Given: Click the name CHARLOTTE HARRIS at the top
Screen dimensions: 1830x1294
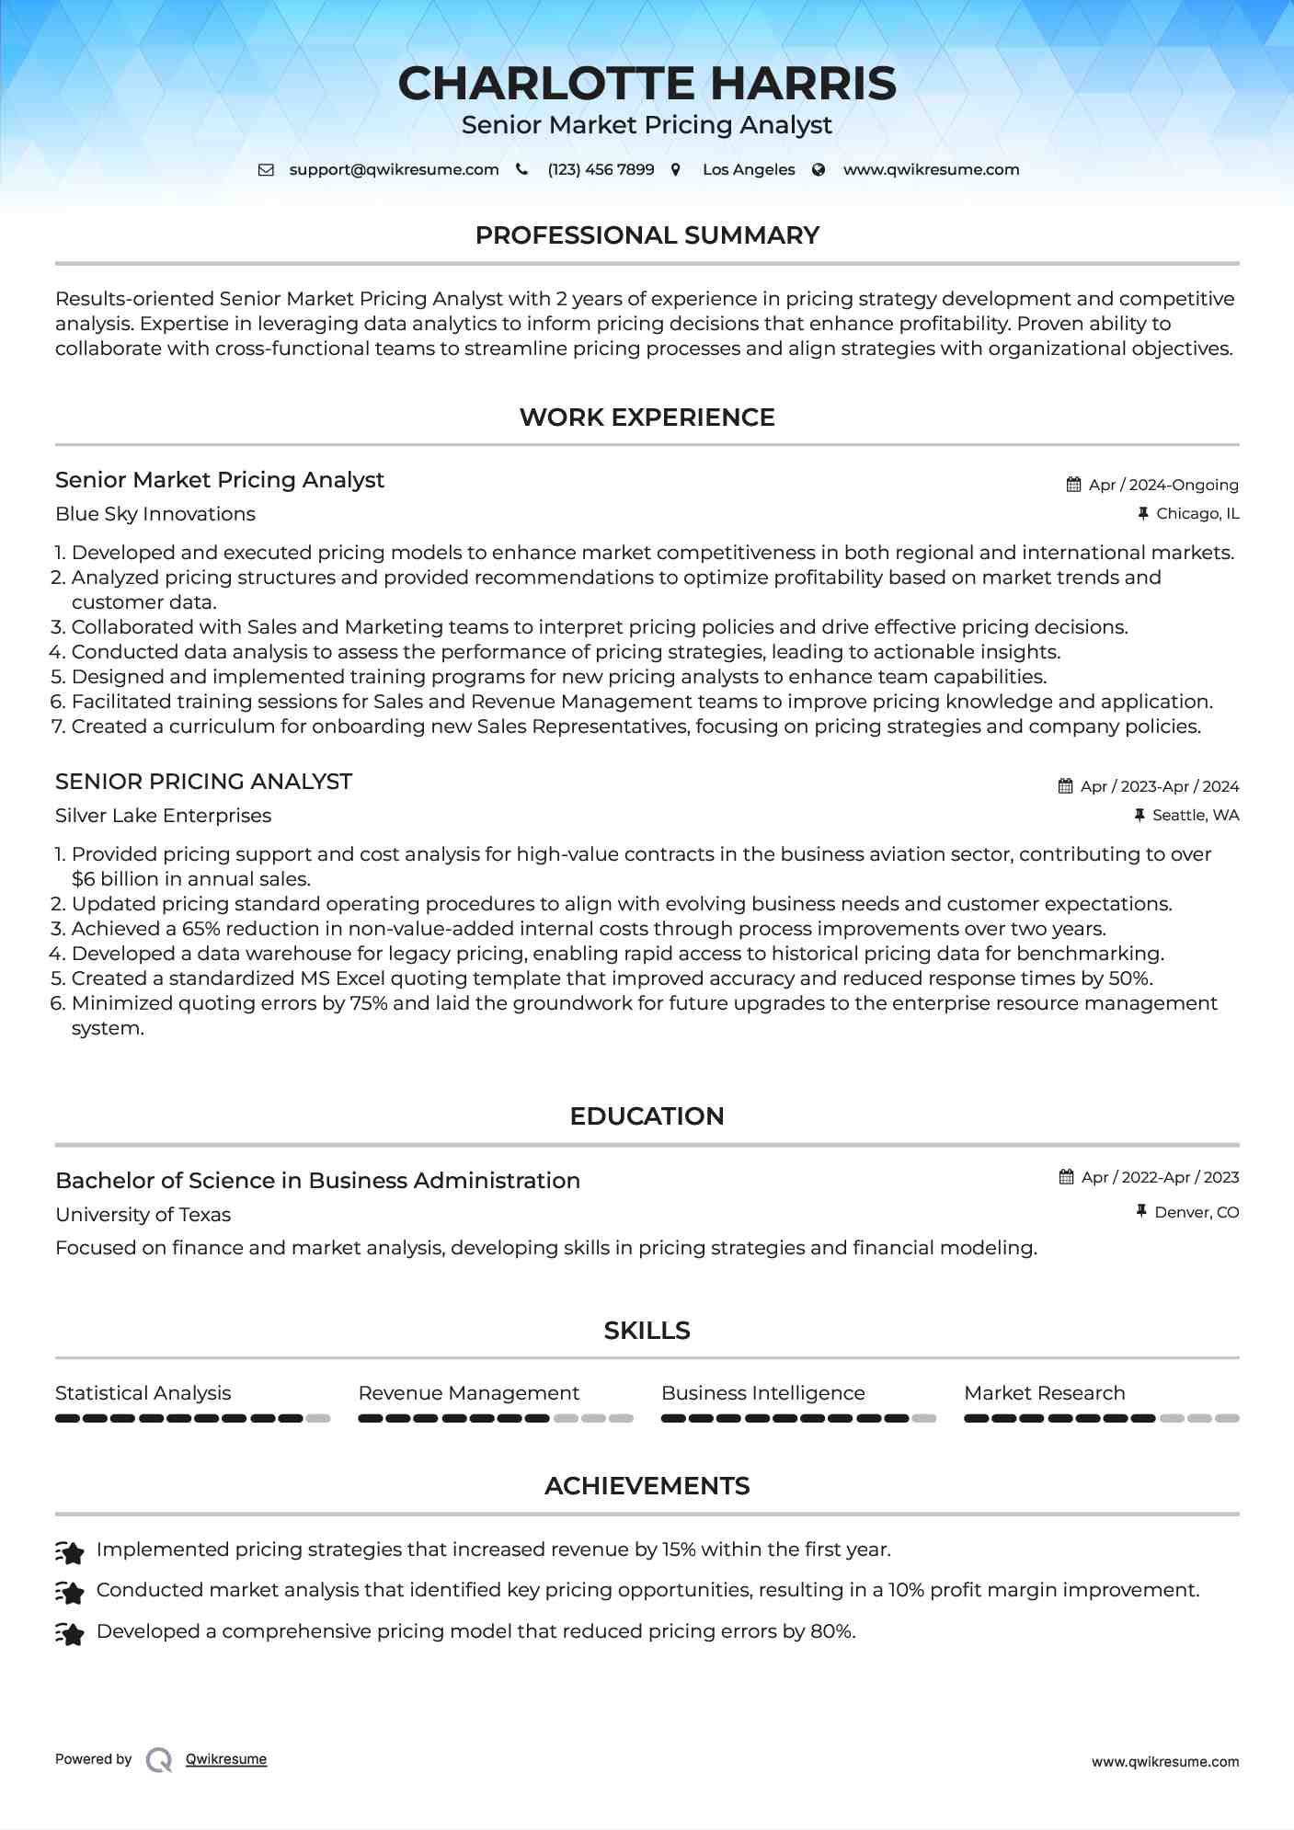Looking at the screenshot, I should [647, 84].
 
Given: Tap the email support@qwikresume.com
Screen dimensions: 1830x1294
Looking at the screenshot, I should [394, 170].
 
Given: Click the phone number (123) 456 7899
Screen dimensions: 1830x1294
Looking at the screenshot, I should [601, 170].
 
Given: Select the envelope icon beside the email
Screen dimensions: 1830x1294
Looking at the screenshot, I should [266, 170].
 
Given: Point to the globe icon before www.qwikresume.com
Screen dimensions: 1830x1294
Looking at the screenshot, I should [819, 170].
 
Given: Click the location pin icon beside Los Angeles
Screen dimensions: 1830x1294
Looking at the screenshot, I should [676, 170].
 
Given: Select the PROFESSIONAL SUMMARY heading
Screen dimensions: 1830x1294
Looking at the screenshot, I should [647, 235].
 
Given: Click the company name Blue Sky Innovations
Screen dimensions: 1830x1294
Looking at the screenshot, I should [155, 514].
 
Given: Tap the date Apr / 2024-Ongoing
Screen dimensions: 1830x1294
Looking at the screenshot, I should [1162, 485].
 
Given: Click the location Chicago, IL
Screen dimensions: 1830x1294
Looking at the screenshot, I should [1197, 514].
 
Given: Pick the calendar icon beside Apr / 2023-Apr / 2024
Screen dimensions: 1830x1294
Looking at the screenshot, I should [1065, 786].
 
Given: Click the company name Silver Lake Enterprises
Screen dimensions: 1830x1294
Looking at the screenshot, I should [163, 816].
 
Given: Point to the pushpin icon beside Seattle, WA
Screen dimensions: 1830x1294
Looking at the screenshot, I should [1139, 816].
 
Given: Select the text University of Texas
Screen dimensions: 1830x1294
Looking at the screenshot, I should [143, 1215].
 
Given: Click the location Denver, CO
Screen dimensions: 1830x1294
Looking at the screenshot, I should [1196, 1213].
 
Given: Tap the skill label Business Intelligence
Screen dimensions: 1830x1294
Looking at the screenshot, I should [762, 1393].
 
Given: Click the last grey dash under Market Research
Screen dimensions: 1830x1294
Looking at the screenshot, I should [1227, 1419].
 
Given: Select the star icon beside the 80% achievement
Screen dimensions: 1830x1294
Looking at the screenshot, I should [70, 1633].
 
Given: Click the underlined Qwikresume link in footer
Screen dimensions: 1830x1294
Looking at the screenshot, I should [226, 1759].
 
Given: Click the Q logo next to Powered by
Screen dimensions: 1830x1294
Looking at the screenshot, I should [159, 1760].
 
